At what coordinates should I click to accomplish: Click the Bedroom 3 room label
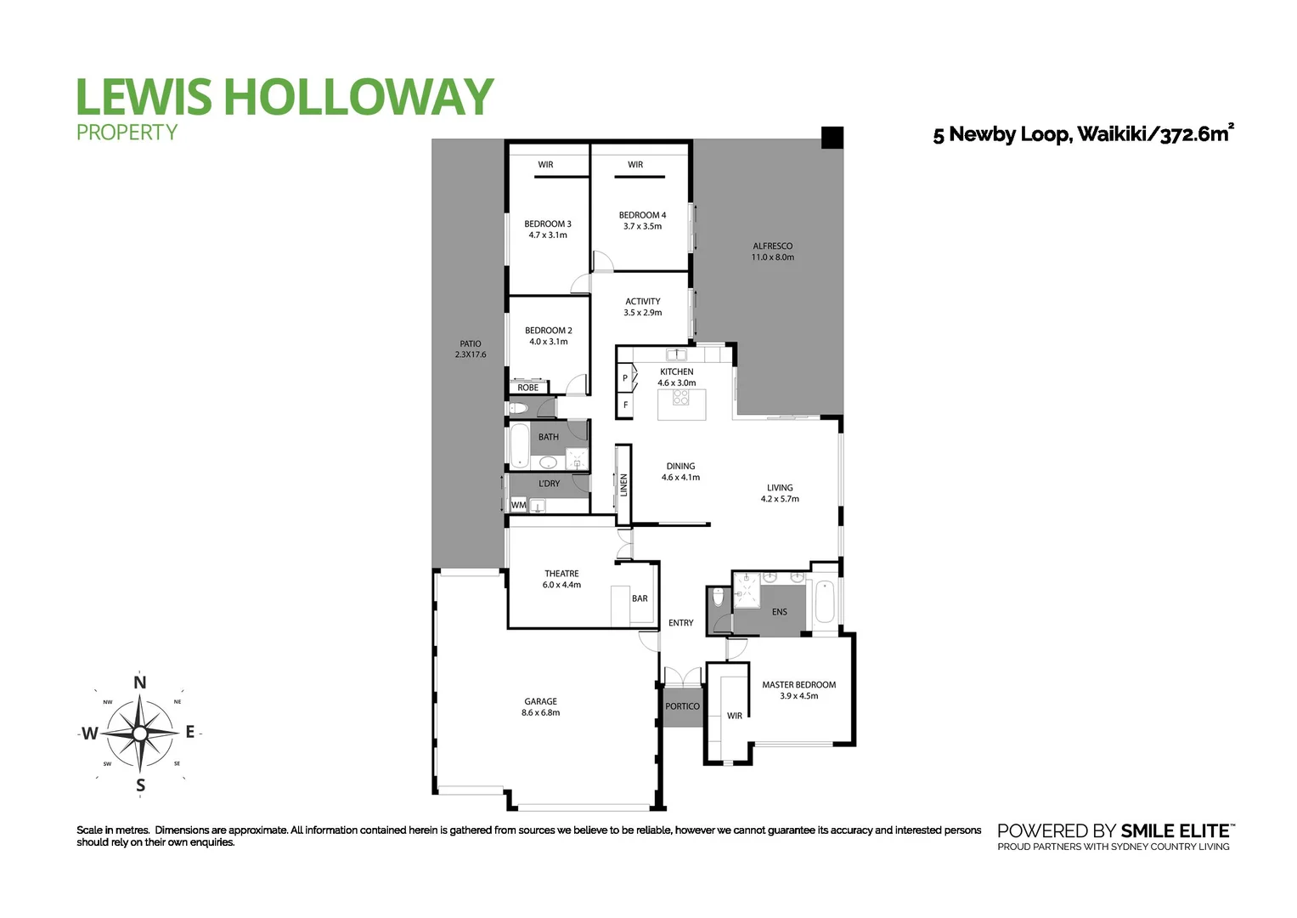tap(547, 224)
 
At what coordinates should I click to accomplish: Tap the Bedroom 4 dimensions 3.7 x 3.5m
tap(642, 227)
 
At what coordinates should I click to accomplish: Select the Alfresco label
tap(772, 246)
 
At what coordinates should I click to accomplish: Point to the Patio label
tap(470, 344)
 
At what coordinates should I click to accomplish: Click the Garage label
tap(540, 702)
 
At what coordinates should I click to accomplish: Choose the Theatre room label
tap(561, 574)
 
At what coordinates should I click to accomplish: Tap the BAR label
tap(640, 598)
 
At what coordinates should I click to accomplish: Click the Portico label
tap(682, 706)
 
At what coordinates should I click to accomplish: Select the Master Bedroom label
tap(798, 685)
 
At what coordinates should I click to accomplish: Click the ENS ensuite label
tap(779, 612)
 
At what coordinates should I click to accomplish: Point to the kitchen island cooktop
tap(681, 397)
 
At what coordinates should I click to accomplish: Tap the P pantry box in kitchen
tap(625, 378)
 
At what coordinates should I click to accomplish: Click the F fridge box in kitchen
tap(625, 405)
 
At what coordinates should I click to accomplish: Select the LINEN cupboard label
tap(623, 485)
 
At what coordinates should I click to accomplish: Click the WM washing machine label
tap(518, 505)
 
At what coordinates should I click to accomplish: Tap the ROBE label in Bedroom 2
tap(527, 388)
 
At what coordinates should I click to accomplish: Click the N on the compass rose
tap(140, 682)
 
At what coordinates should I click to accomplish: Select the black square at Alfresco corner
tap(832, 138)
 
